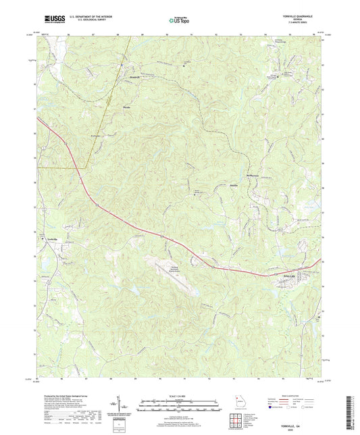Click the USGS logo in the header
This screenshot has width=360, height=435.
[x=51, y=19]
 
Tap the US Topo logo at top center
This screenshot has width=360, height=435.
[x=177, y=21]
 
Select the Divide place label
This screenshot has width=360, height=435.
[x=126, y=107]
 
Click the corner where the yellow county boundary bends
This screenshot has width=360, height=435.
[x=86, y=165]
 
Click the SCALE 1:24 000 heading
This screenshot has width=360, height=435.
[x=178, y=394]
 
